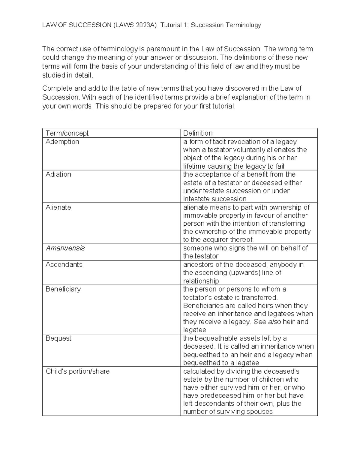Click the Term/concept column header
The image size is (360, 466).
pyautogui.click(x=67, y=133)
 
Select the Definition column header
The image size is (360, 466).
pyautogui.click(x=198, y=133)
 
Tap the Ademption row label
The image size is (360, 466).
pyautogui.click(x=62, y=142)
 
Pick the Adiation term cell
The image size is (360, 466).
pyautogui.click(x=58, y=174)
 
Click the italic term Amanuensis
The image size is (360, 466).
pyautogui.click(x=65, y=248)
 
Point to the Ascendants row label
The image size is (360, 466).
pyautogui.click(x=64, y=265)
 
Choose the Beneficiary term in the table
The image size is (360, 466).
pyautogui.click(x=63, y=289)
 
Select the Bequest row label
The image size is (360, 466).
pyautogui.click(x=58, y=338)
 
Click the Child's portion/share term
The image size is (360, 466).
pyautogui.click(x=77, y=371)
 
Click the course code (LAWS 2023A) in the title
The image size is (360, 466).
pyautogui.click(x=135, y=25)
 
